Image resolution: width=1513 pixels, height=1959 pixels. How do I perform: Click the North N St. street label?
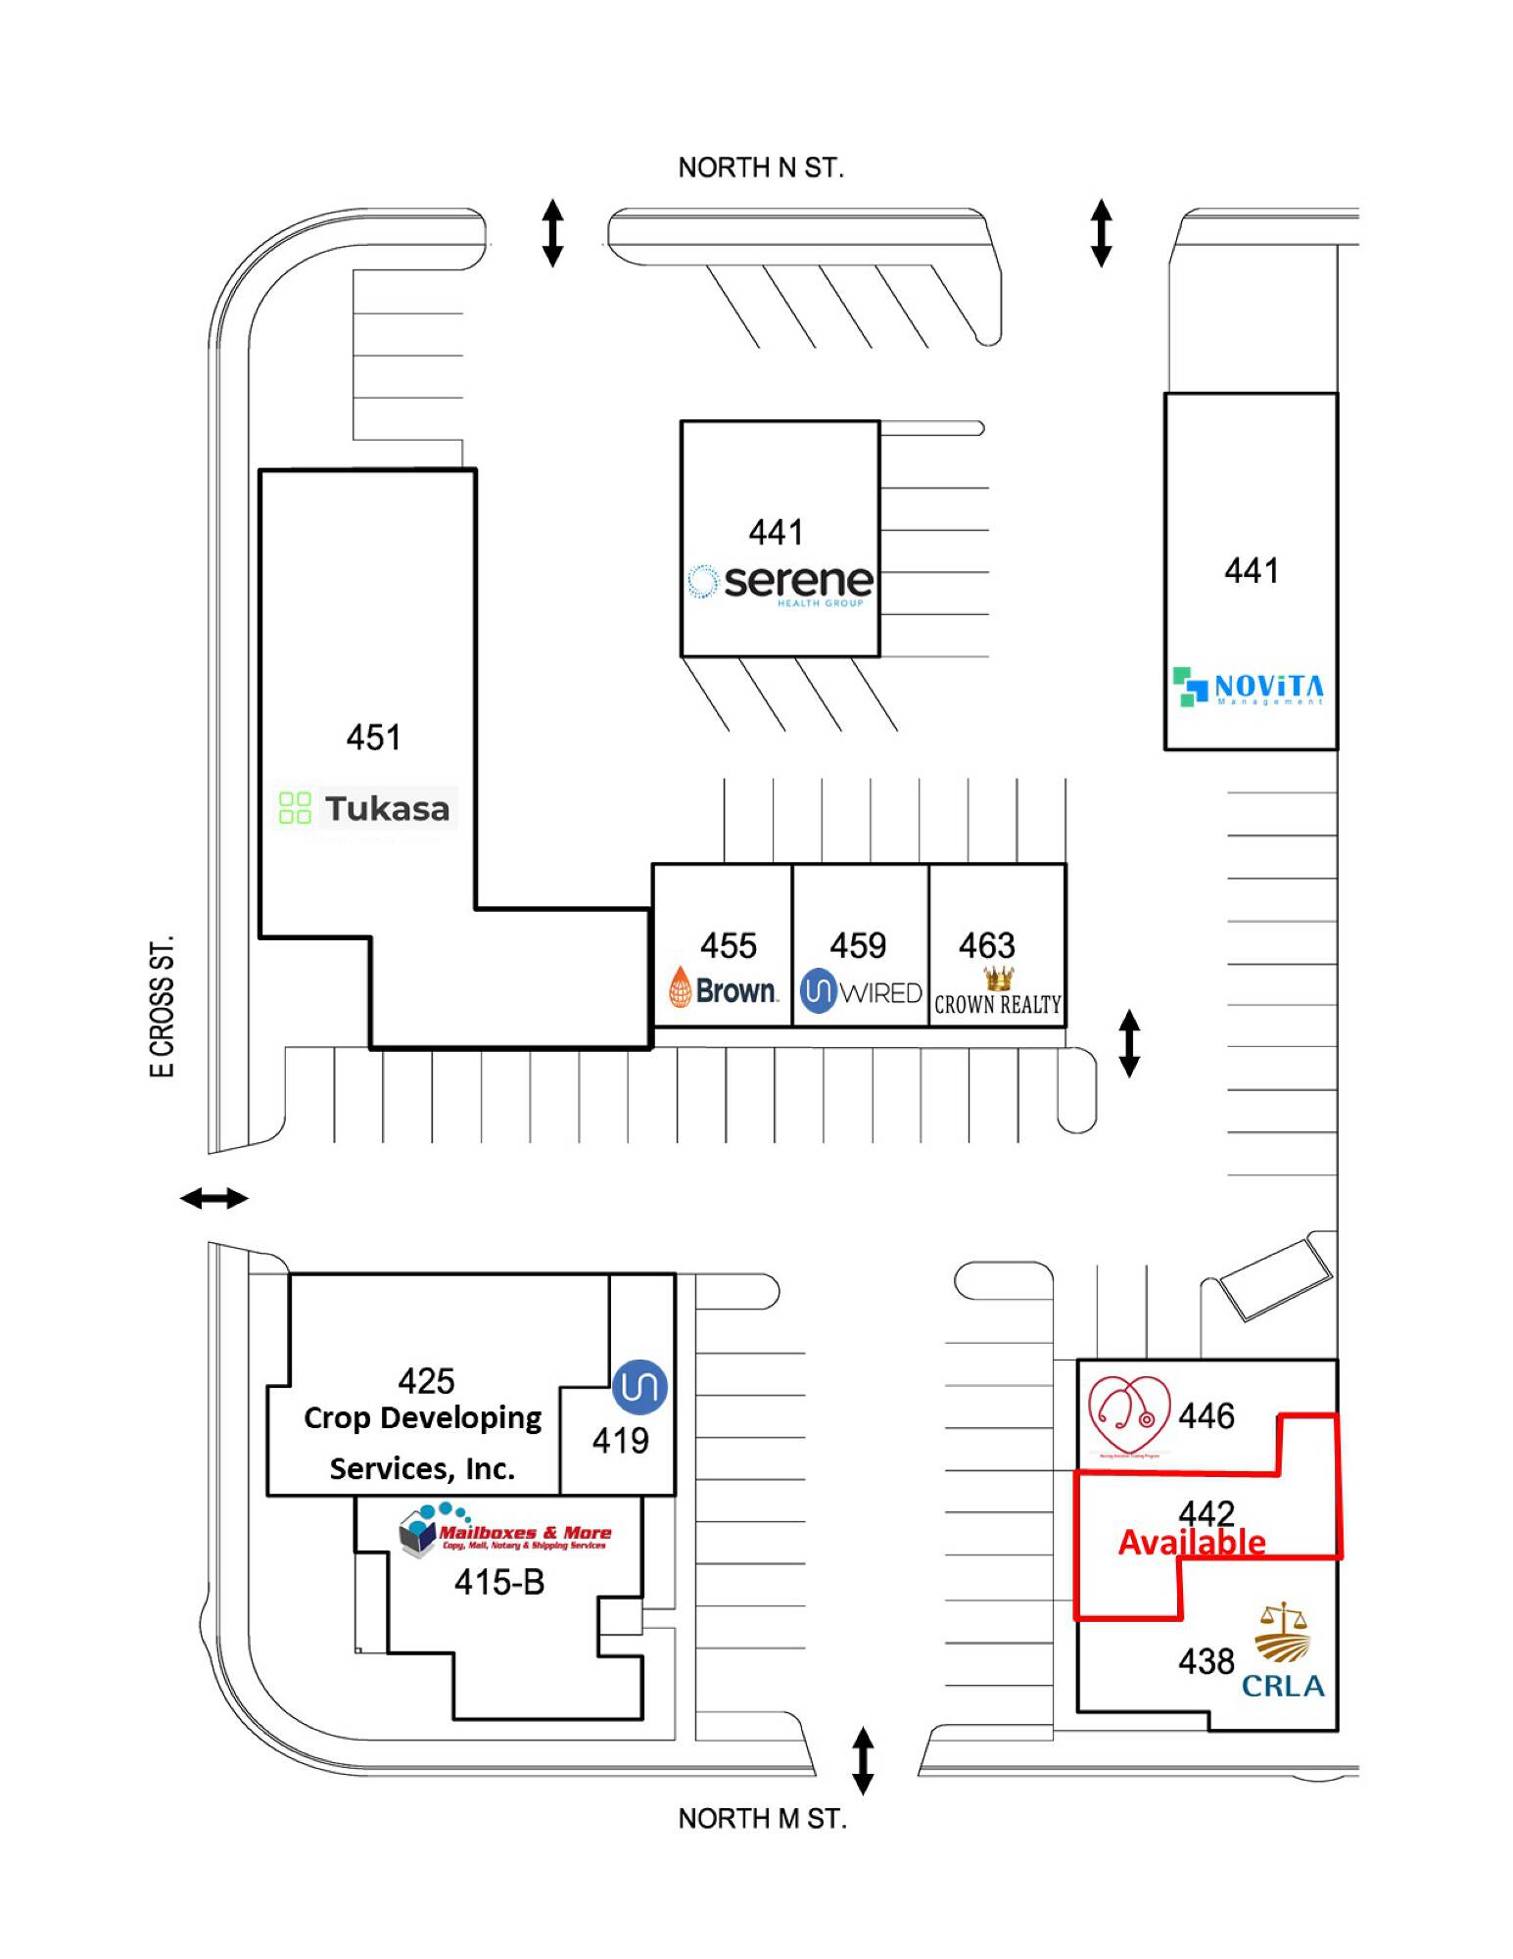pos(761,168)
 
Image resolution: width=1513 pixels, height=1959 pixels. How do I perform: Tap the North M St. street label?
pos(762,1819)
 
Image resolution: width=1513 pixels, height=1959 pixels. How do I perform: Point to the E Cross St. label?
pos(162,1006)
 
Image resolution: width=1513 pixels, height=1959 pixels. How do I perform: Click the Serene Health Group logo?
pos(780,583)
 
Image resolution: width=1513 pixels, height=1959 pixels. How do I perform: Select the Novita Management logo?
pos(1249,687)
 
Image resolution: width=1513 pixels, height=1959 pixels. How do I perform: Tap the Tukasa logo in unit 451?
pos(365,809)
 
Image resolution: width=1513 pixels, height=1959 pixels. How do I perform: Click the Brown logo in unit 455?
pos(723,989)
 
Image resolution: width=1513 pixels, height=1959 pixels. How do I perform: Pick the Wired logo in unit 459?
pos(861,991)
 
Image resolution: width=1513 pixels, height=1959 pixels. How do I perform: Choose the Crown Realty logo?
pos(998,993)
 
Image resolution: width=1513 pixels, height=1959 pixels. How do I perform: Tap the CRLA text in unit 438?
pos(1283,1686)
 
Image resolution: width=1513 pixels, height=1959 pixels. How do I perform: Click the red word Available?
pos(1192,1543)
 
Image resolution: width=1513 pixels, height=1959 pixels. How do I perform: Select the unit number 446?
pos(1206,1415)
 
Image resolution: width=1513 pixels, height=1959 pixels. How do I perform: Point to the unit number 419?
pos(620,1440)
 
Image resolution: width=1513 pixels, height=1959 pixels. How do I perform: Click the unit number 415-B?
pos(499,1582)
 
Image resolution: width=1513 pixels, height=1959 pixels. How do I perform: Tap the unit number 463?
pos(987,945)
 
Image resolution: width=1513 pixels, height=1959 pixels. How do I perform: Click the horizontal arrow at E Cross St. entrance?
pos(214,1197)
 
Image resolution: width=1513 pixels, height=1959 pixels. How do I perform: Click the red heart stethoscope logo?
pos(1129,1415)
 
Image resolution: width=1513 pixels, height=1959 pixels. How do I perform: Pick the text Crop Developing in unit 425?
pos(422,1417)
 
